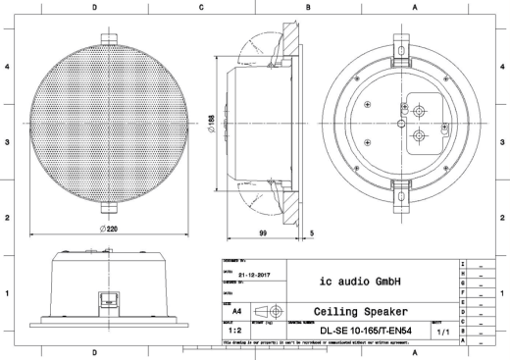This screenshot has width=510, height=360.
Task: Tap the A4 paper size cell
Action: tap(235, 308)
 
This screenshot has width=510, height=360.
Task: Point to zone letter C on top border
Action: tap(201, 6)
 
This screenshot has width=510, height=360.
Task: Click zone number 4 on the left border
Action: tap(8, 67)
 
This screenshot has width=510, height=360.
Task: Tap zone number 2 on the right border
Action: tap(502, 217)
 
